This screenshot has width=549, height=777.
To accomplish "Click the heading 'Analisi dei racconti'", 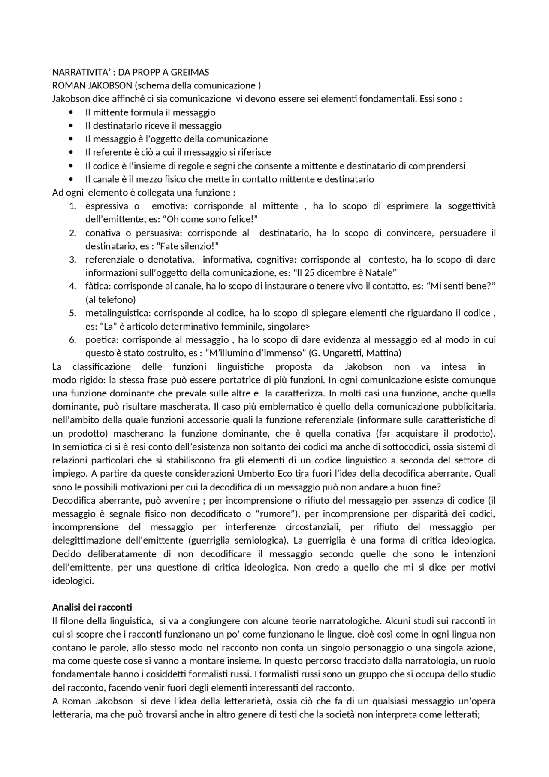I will [92, 607].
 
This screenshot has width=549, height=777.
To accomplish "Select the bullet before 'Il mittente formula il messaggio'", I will [71, 112].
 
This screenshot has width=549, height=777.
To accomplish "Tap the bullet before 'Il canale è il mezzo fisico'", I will [71, 179].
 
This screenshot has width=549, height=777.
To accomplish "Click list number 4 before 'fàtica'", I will [72, 286].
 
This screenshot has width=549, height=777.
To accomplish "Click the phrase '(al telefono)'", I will [111, 299].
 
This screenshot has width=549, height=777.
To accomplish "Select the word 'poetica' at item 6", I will [101, 340].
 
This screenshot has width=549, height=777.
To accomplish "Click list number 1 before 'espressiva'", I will [72, 206].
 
